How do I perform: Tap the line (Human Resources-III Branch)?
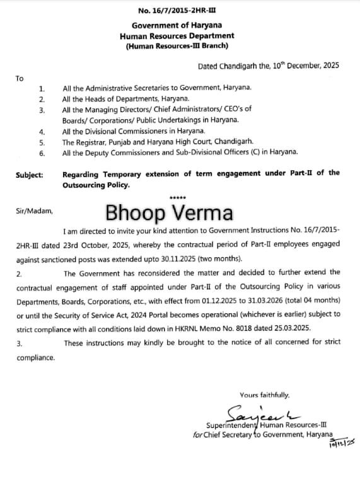(x=180, y=46)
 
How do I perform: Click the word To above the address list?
(x=20, y=78)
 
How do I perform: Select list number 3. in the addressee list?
(x=42, y=110)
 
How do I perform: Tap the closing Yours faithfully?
(x=265, y=395)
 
